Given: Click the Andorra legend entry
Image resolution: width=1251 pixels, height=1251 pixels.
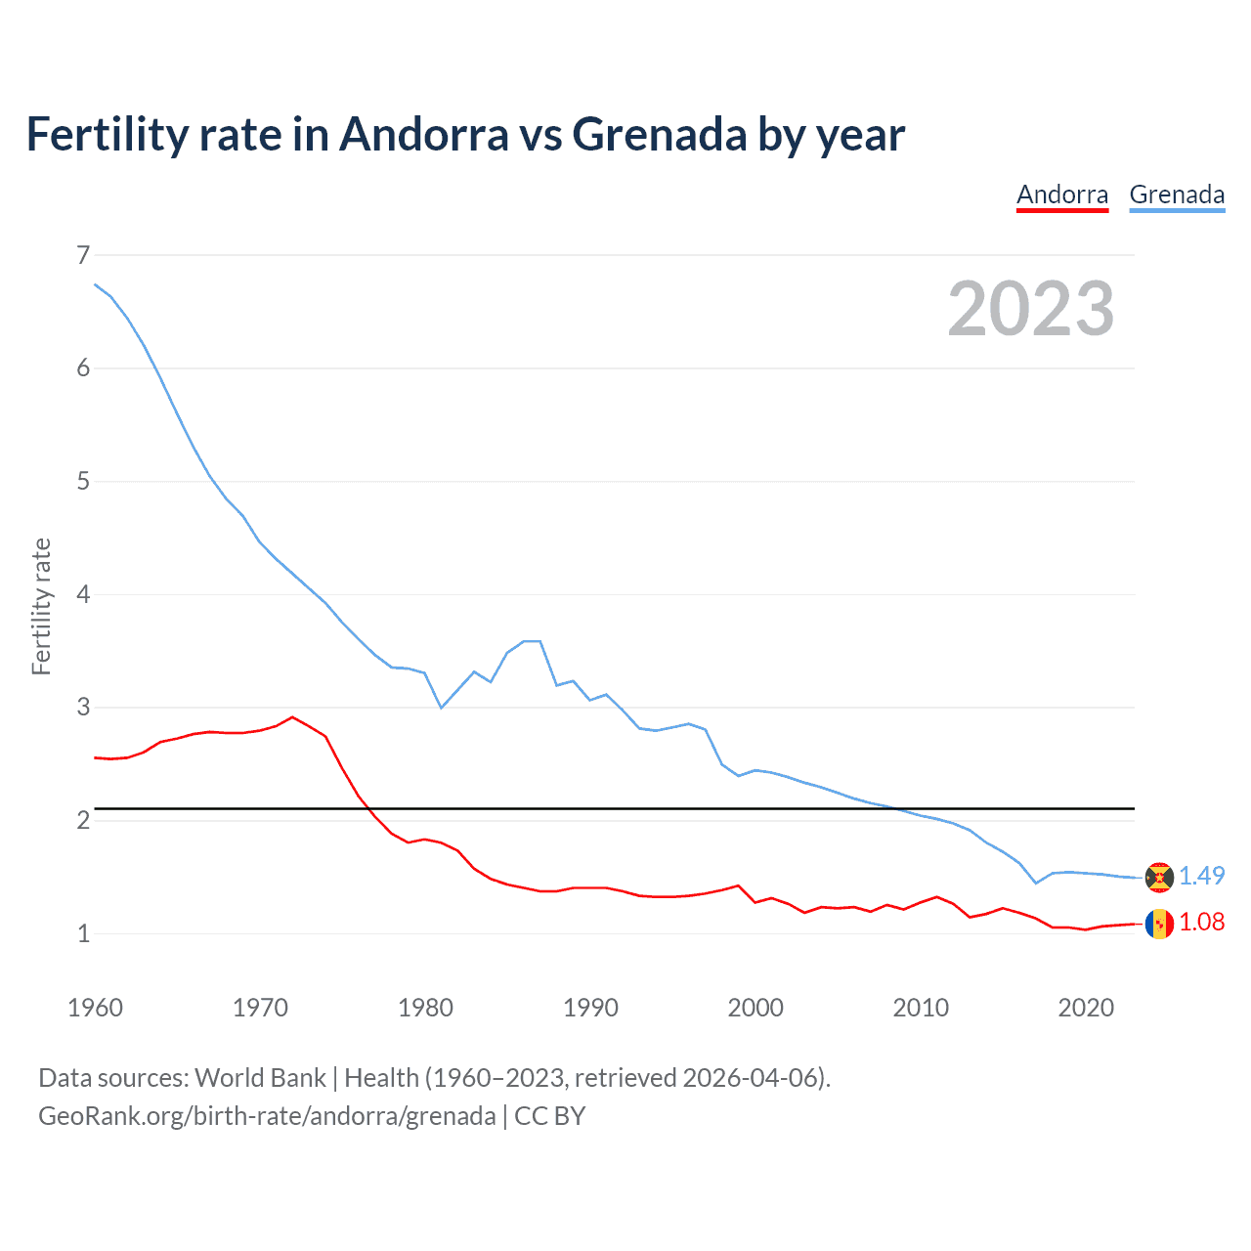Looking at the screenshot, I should pos(1062,194).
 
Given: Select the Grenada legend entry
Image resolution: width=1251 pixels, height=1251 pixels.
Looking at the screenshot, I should pos(1177,194).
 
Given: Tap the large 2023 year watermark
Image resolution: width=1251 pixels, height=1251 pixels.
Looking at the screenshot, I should pos(1031,309).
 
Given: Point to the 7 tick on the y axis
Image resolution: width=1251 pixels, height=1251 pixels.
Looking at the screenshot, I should pos(83,255).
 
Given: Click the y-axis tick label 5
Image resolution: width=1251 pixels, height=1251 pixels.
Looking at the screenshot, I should pos(83,481).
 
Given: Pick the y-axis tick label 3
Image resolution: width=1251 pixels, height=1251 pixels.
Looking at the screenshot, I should pos(83,707).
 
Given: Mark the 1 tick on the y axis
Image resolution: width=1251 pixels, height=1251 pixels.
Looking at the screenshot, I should pos(83,933).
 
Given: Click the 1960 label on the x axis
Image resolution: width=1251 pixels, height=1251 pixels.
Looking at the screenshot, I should pos(95,1008).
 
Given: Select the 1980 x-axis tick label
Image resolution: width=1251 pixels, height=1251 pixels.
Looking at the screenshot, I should pos(425,1008).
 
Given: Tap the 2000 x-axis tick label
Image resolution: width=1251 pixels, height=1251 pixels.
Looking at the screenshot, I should pos(755,1008).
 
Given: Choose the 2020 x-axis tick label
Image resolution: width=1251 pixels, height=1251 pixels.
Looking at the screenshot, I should pos(1086,1008).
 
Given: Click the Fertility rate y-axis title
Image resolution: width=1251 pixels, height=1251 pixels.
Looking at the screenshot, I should pos(41,606).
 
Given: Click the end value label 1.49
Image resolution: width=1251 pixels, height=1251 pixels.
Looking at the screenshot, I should pos(1201,876).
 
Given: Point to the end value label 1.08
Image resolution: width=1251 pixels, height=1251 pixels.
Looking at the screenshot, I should pos(1201,922).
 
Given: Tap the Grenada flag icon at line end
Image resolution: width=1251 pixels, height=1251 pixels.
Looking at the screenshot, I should pos(1159,878).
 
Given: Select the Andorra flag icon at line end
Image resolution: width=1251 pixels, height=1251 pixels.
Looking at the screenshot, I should pos(1159,924).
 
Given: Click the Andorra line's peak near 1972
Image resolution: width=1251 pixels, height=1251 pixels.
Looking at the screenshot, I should pos(292,717).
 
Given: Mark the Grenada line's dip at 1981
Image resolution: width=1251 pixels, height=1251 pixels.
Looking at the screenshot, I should pos(441,707).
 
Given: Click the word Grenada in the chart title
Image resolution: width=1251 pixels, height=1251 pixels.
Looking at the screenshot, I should pos(660,134).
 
